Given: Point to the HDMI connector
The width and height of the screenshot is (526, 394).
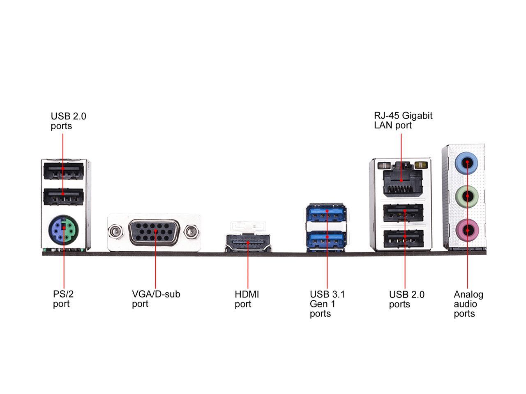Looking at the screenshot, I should (x=248, y=243).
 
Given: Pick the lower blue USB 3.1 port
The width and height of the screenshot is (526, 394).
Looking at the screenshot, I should (x=327, y=238).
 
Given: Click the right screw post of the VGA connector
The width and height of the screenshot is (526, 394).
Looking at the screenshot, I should (x=190, y=232).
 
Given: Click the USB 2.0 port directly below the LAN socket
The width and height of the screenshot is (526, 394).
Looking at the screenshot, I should (x=403, y=213).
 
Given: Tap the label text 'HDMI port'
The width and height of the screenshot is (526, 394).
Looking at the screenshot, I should (x=247, y=299).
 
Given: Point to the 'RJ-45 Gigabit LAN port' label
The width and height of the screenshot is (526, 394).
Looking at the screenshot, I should (x=403, y=121).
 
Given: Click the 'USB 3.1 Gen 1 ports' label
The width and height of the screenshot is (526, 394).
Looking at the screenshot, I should (x=328, y=304).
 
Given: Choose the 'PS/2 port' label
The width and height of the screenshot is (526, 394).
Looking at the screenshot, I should (x=63, y=299).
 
